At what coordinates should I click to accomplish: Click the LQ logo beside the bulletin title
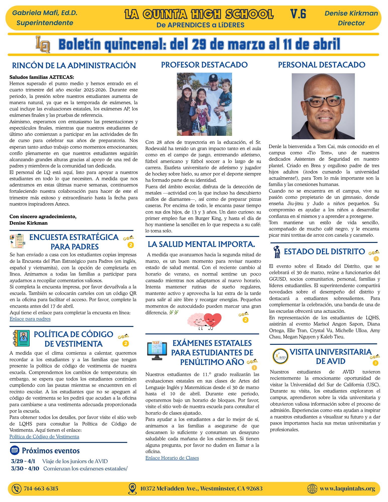click(x=43, y=44)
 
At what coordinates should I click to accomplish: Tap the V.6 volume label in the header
click(x=298, y=14)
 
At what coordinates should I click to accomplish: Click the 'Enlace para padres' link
click(x=30, y=319)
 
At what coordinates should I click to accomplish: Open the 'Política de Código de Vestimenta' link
click(x=44, y=436)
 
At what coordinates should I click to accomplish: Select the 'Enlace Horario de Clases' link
click(x=172, y=458)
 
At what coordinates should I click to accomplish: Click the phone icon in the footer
click(x=17, y=488)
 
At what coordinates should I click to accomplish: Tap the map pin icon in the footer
click(x=132, y=488)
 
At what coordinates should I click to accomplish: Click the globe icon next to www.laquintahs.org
click(x=312, y=488)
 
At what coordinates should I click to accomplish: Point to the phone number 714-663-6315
click(x=41, y=488)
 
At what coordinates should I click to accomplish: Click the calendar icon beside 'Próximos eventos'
click(x=15, y=450)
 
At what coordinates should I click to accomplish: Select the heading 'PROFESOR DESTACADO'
click(x=204, y=65)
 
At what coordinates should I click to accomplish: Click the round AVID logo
click(x=280, y=356)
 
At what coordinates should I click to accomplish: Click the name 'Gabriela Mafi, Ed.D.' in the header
click(x=45, y=13)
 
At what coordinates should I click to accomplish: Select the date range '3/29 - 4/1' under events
click(x=23, y=461)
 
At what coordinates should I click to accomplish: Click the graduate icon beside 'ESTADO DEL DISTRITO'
click(x=277, y=252)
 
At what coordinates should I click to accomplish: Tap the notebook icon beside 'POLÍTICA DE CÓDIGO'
click(x=21, y=338)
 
